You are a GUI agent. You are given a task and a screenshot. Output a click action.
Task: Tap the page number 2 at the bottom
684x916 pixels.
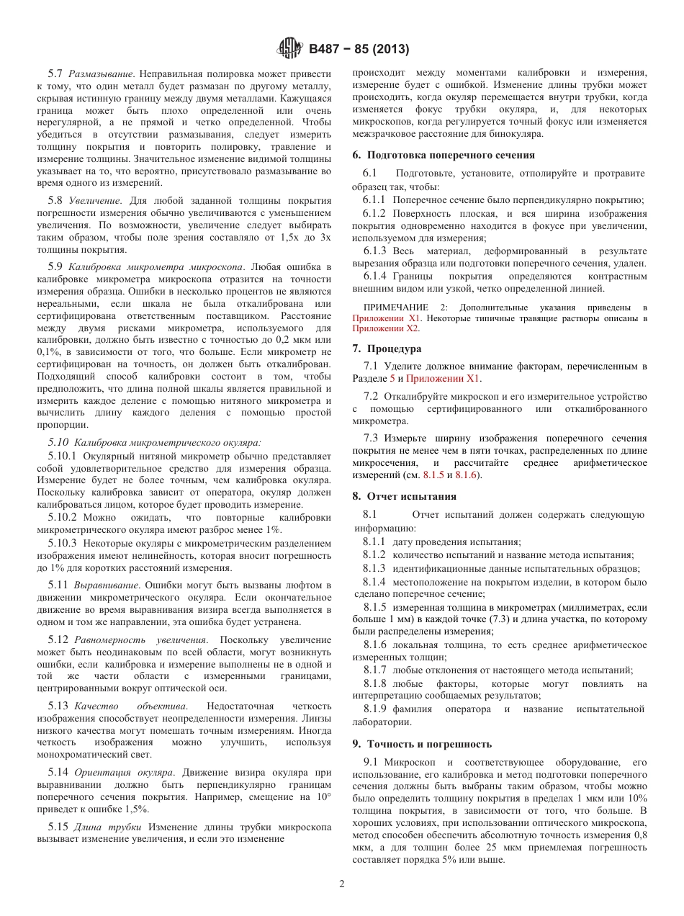pos(342,884)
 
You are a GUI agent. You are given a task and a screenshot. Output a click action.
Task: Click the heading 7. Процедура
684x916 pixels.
pos(387,349)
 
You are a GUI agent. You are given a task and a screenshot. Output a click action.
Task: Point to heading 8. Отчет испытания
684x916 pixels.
pos(404,496)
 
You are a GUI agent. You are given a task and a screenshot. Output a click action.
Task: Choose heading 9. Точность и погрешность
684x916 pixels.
pos(422,744)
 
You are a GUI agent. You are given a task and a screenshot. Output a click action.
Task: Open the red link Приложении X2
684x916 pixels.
pos(385,328)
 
